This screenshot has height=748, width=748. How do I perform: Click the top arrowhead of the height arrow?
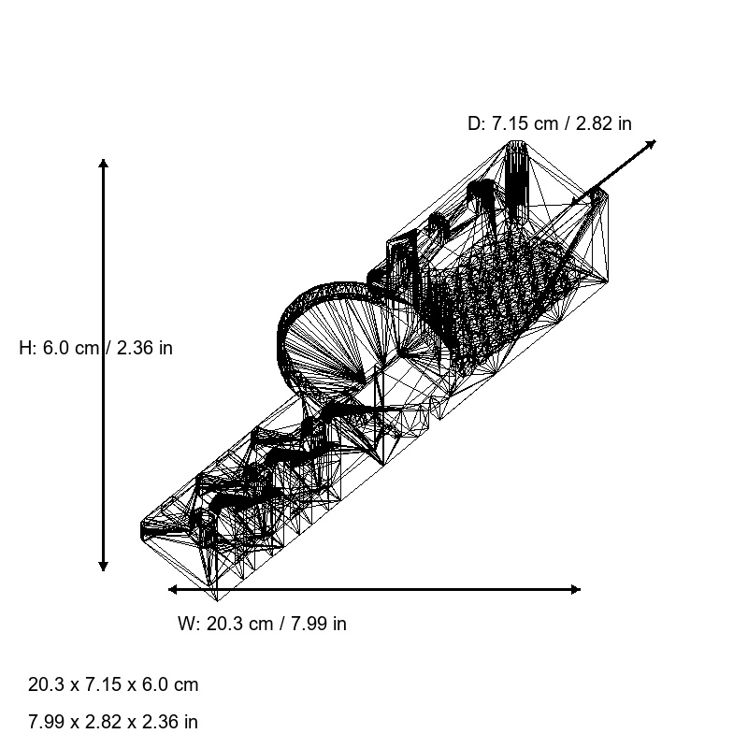click(x=103, y=164)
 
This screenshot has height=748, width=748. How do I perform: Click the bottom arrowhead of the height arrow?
click(x=103, y=566)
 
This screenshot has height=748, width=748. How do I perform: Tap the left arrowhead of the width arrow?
click(x=173, y=589)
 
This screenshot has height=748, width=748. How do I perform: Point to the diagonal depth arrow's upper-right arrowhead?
click(x=652, y=143)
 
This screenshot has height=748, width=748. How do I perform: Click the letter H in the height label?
click(x=25, y=348)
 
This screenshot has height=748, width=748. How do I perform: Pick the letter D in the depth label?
click(x=474, y=123)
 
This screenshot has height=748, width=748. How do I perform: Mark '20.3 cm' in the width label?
click(x=236, y=624)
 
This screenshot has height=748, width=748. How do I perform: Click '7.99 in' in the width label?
click(x=314, y=624)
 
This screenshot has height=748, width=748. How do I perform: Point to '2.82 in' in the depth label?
click(x=600, y=123)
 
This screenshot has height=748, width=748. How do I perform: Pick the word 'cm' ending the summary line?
click(x=186, y=684)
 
